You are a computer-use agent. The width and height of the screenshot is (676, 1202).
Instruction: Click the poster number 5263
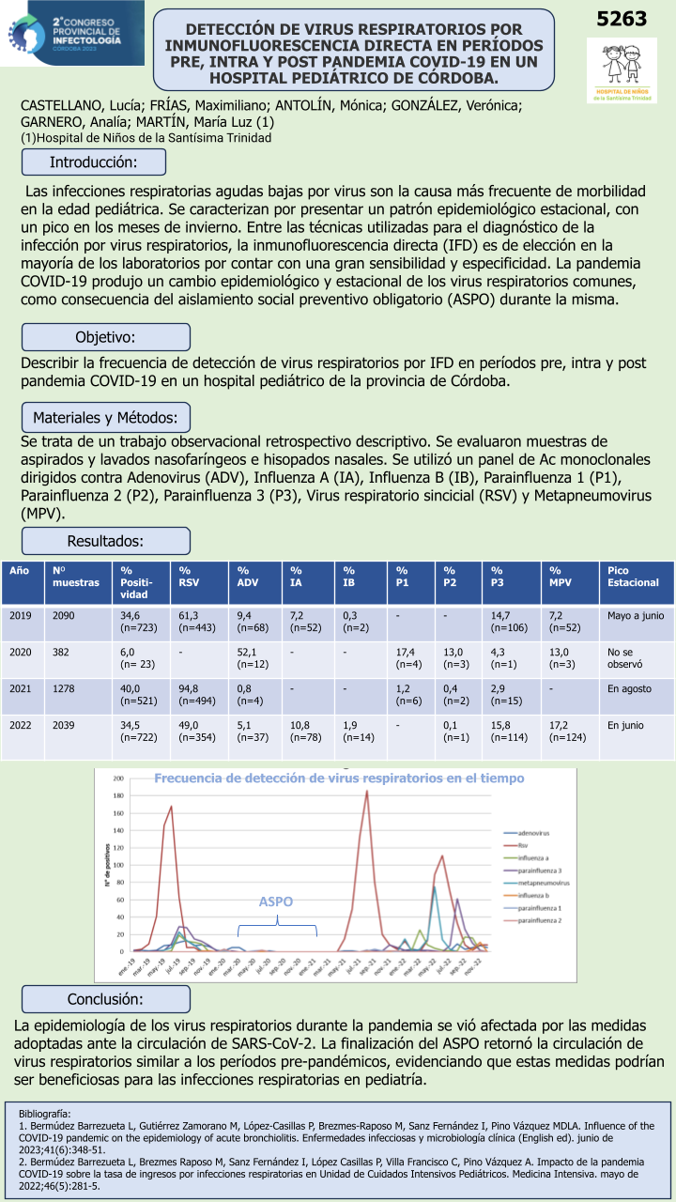pos(622,19)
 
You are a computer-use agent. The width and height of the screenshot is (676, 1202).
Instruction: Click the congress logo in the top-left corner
pos(72,33)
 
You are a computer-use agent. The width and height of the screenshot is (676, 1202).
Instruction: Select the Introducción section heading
pos(106,162)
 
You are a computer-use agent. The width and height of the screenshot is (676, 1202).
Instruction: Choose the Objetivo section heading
pos(106,337)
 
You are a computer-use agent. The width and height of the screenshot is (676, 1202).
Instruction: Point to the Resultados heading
pos(106,541)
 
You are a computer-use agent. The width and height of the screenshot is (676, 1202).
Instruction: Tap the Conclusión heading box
pos(106,998)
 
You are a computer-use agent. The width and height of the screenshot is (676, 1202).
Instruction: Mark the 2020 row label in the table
pos(21,651)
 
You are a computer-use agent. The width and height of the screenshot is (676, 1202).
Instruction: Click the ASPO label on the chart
pos(276,901)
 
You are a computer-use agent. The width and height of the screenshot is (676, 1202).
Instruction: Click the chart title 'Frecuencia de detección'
pos(338,778)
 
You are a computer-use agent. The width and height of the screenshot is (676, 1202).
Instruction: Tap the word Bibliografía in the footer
pos(44,1113)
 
